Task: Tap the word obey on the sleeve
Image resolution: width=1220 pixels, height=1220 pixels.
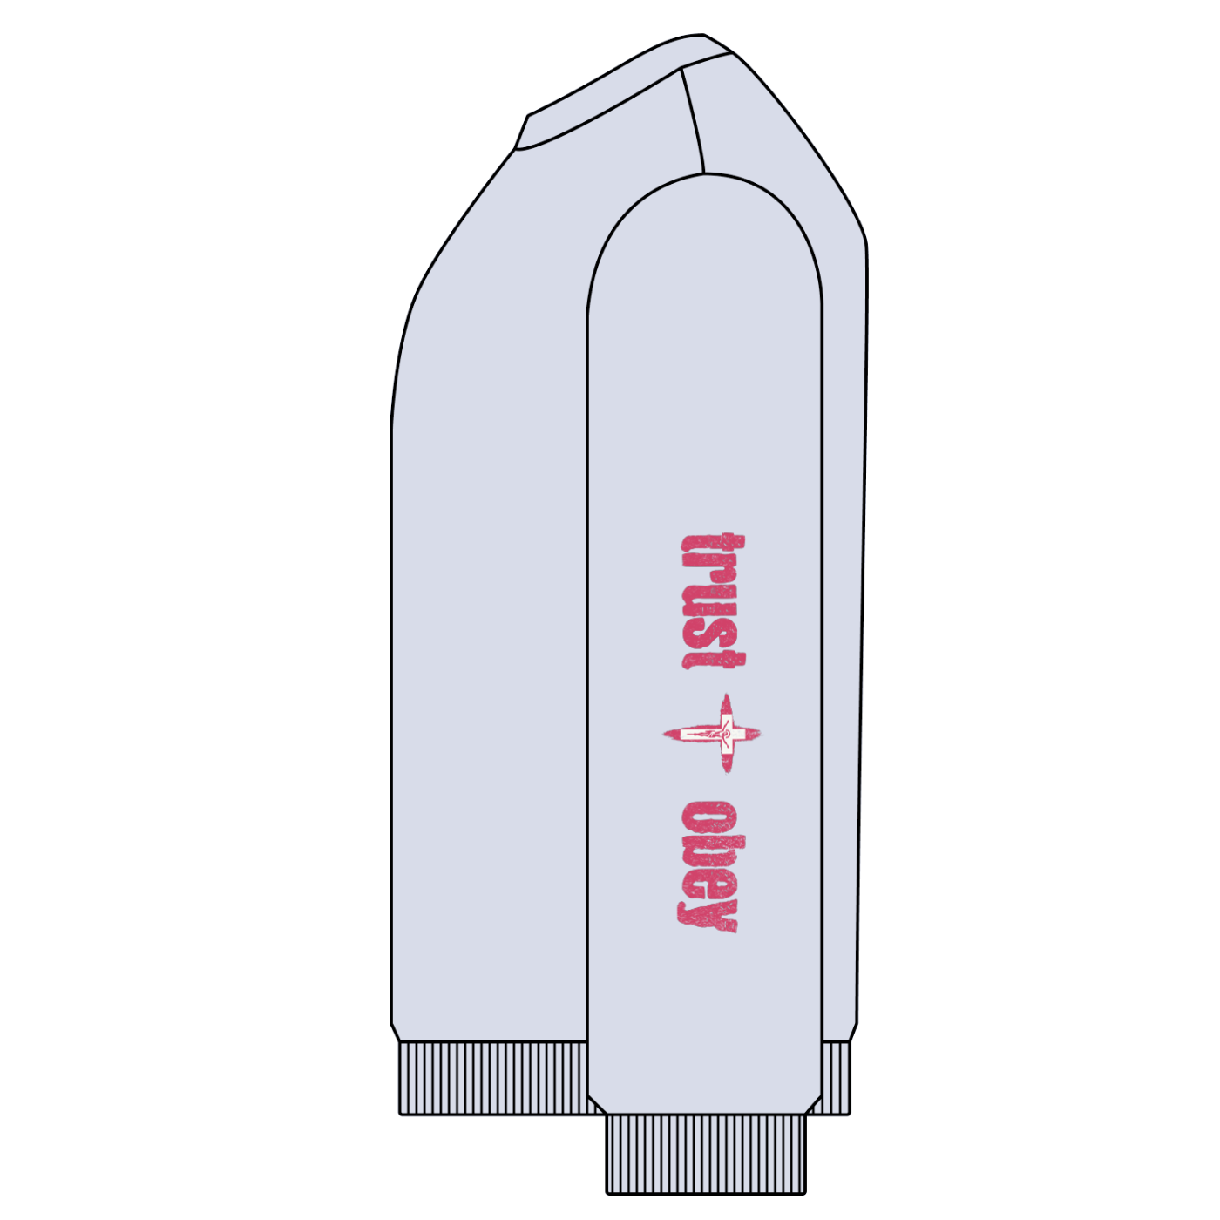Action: click(x=709, y=867)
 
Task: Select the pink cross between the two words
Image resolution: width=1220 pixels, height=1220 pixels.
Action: click(x=712, y=733)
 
